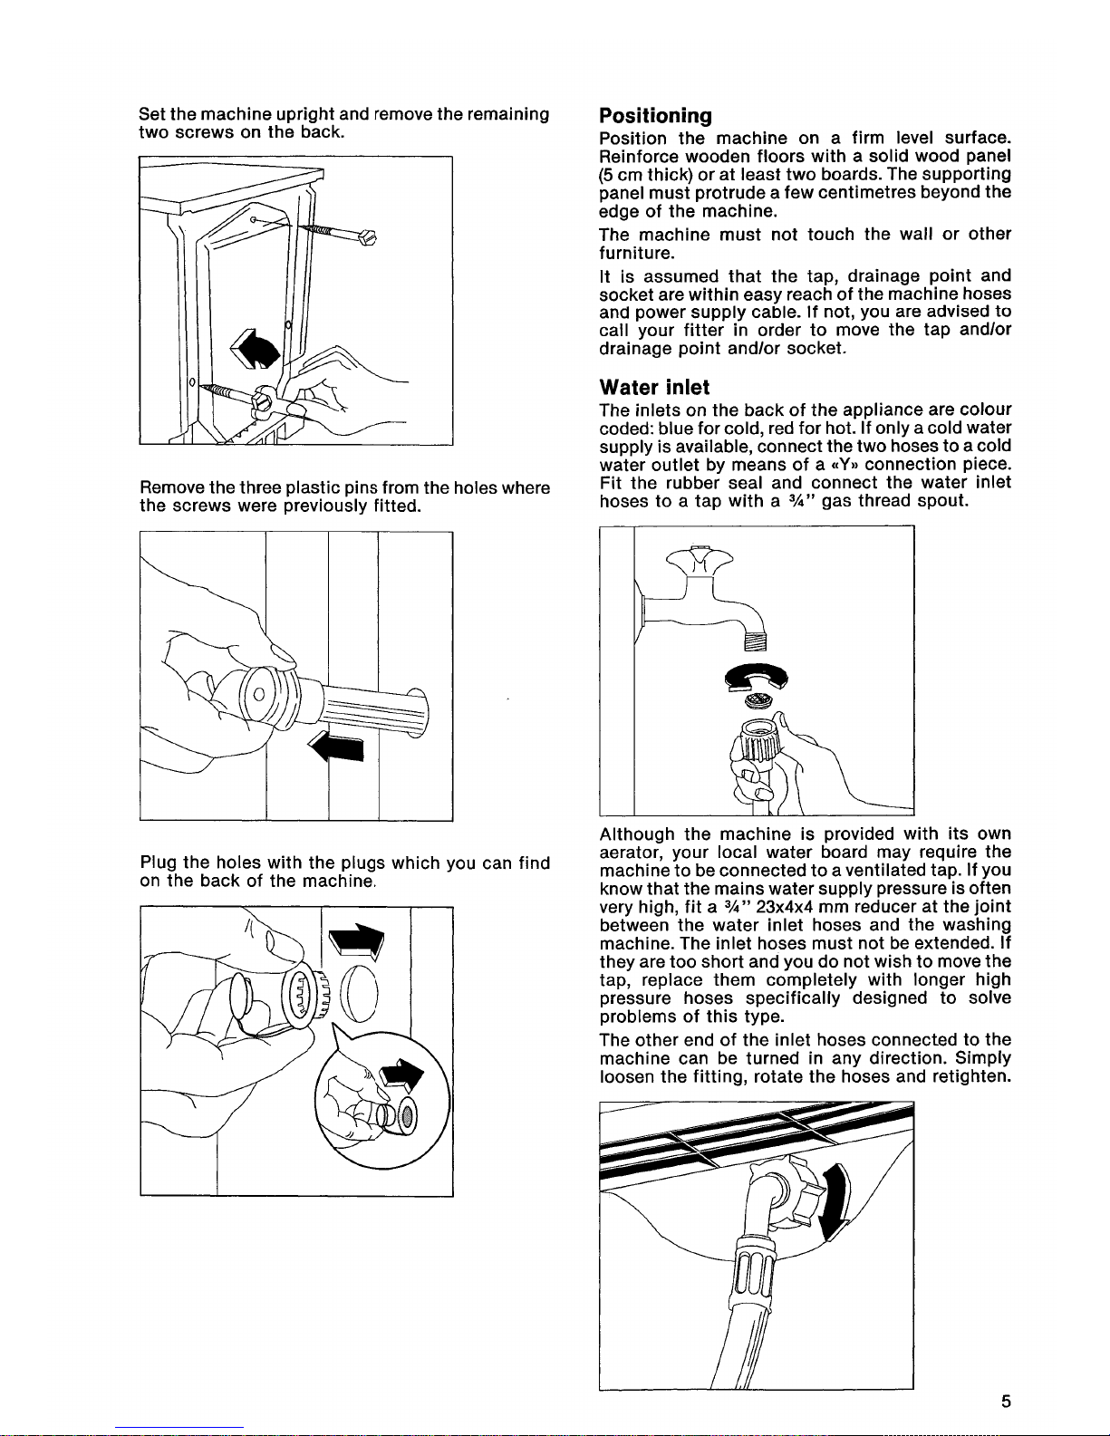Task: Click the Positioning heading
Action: click(655, 115)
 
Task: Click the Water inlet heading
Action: click(654, 387)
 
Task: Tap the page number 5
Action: click(1006, 1402)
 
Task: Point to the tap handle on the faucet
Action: click(699, 560)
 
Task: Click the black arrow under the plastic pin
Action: click(338, 747)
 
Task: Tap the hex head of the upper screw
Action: click(367, 237)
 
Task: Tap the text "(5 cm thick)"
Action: click(646, 173)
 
